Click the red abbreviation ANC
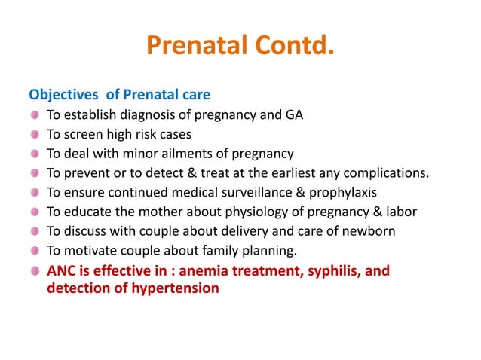pos(62,271)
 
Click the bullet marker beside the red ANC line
pos(35,271)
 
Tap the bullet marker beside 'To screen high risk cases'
pos(35,135)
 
